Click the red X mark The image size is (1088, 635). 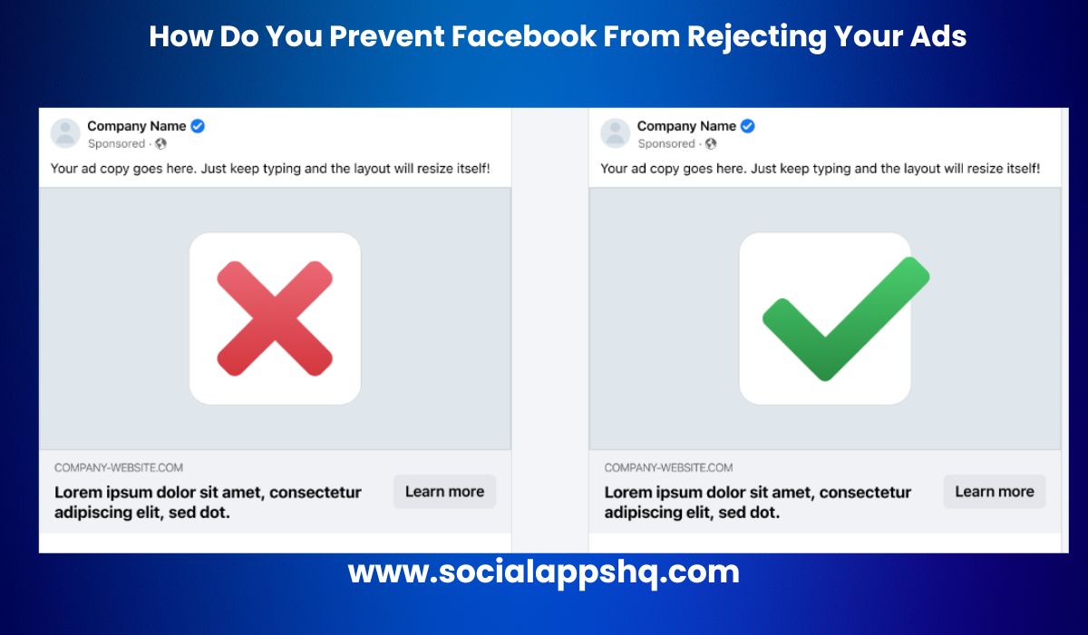pos(275,317)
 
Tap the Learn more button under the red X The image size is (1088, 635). pos(444,492)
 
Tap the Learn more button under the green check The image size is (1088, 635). pos(994,492)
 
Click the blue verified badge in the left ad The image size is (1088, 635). pos(198,126)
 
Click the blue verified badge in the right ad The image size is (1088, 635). pos(748,126)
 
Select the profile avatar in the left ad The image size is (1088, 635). pos(65,133)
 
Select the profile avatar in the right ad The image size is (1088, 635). pos(616,133)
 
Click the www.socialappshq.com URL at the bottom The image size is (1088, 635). pos(544,572)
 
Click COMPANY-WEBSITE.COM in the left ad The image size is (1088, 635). pos(119,468)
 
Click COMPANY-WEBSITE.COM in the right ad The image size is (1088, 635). pos(669,468)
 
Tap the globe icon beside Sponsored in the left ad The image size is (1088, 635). pos(160,143)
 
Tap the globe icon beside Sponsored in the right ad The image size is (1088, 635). pos(711,143)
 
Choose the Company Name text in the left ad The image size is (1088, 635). pos(137,126)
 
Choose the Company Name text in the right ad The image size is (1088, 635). pos(686,126)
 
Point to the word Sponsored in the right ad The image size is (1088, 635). pos(666,143)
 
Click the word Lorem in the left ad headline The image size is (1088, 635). pos(78,493)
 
